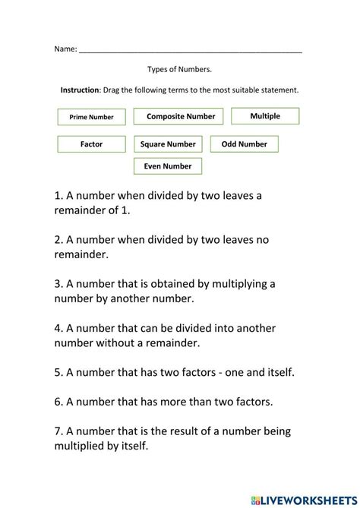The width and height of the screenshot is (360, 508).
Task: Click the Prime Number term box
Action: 91,118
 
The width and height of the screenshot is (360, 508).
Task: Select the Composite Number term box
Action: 180,117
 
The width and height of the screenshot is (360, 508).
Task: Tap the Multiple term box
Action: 265,116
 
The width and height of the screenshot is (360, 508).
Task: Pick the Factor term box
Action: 91,144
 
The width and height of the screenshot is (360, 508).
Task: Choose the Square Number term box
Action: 168,144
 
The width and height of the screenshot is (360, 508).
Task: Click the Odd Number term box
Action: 244,144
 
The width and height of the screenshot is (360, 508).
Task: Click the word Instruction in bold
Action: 80,90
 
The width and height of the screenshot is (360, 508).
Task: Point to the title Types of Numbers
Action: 179,69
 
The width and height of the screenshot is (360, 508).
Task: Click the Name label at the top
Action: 65,49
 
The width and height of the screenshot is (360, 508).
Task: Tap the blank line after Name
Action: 190,50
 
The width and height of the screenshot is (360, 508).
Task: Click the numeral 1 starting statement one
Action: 58,195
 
